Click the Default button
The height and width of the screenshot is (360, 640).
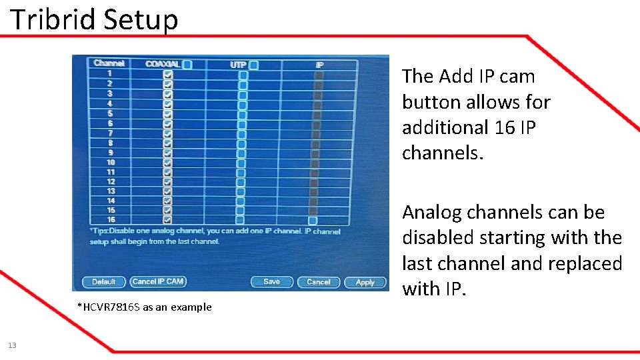[103, 282]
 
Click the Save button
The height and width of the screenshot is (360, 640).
[271, 282]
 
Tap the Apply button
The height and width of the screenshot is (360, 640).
[365, 283]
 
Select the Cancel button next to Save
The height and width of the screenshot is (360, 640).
[318, 282]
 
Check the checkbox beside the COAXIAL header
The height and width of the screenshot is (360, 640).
[187, 65]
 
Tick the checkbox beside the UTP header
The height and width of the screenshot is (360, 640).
[253, 65]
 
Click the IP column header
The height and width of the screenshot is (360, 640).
[319, 65]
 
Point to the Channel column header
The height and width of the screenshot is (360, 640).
[109, 63]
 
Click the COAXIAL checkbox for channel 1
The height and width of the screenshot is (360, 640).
[167, 75]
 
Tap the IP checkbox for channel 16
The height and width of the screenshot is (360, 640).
[313, 221]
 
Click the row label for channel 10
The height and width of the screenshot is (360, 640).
[111, 162]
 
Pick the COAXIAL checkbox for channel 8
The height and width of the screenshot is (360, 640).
[167, 143]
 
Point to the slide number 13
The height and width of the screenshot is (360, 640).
[12, 345]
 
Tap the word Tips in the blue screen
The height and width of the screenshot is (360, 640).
[101, 231]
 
